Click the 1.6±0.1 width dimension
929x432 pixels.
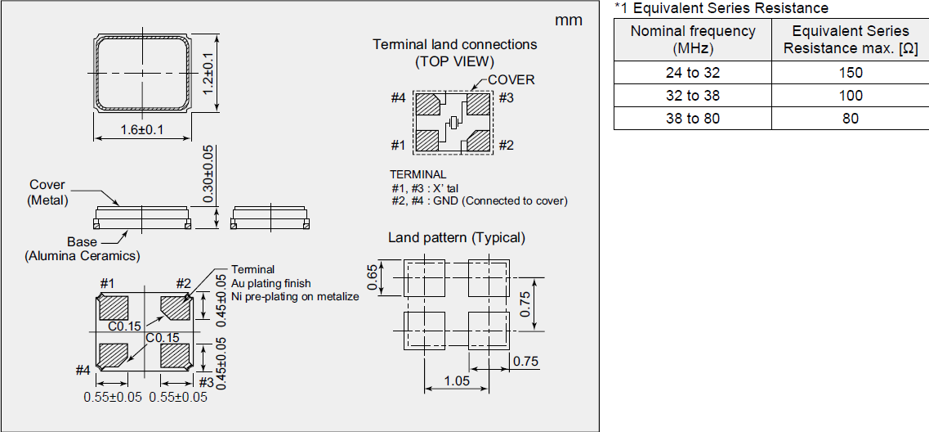[x=143, y=130]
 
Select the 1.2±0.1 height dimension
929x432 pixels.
[x=208, y=74]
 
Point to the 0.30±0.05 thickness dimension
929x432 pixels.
[x=208, y=173]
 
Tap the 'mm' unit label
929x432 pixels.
[x=569, y=20]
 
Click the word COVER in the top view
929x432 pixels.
[x=511, y=80]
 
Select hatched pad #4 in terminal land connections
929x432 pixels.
[x=429, y=105]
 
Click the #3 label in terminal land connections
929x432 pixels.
[x=506, y=99]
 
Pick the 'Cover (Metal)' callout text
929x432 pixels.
[x=47, y=192]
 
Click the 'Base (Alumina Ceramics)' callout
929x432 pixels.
[x=82, y=249]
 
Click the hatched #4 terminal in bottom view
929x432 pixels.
[x=113, y=355]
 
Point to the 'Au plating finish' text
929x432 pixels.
[x=270, y=283]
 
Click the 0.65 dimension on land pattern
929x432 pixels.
[x=373, y=277]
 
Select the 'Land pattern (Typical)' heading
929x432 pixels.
[x=456, y=238]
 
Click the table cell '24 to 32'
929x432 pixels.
[x=693, y=72]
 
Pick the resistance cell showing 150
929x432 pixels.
[x=850, y=72]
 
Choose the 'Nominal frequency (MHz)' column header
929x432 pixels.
[x=693, y=40]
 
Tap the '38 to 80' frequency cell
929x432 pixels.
[x=693, y=118]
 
